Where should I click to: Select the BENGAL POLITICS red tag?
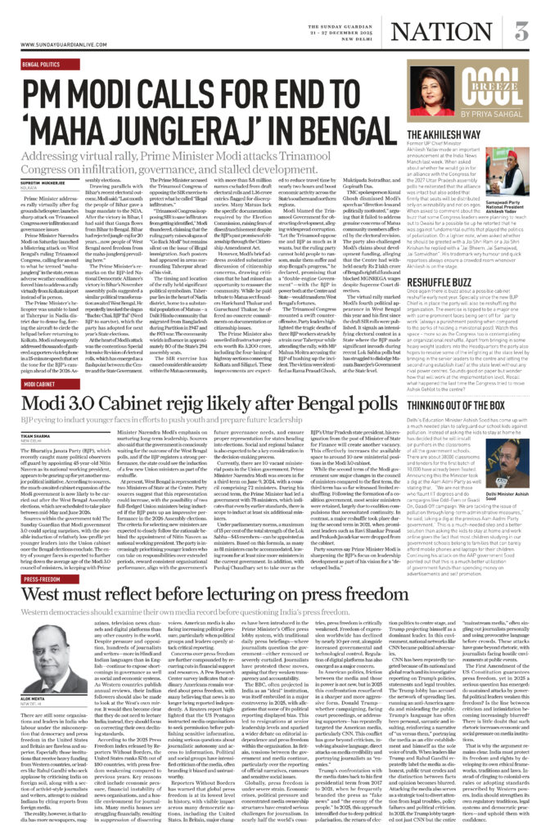[42, 64]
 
